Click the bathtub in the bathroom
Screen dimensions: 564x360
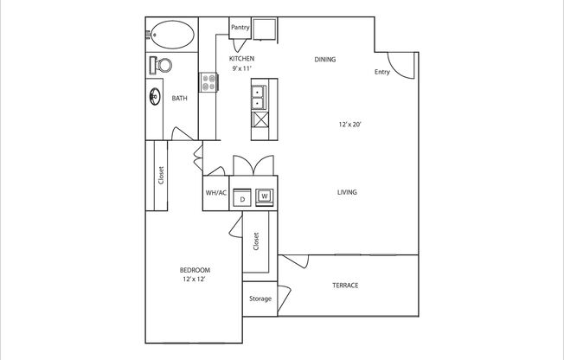point(172,35)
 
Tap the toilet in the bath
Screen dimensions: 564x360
point(161,65)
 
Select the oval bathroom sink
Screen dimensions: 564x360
point(155,96)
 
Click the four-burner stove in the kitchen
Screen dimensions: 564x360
point(208,82)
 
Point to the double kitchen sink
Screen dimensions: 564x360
point(259,97)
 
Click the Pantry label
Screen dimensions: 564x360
point(240,28)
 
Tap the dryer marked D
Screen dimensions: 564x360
point(242,197)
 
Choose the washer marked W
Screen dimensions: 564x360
point(265,197)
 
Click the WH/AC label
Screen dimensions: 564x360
point(216,193)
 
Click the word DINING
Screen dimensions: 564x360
point(325,60)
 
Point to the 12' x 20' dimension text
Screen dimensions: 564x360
point(350,125)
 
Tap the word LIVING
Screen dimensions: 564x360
point(347,192)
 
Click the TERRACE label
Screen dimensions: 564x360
point(345,286)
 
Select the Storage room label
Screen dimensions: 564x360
point(260,299)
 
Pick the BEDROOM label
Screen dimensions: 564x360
point(195,270)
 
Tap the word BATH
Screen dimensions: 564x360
point(179,99)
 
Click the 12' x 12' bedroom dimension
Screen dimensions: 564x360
point(194,279)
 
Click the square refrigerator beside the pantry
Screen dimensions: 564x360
point(265,29)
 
